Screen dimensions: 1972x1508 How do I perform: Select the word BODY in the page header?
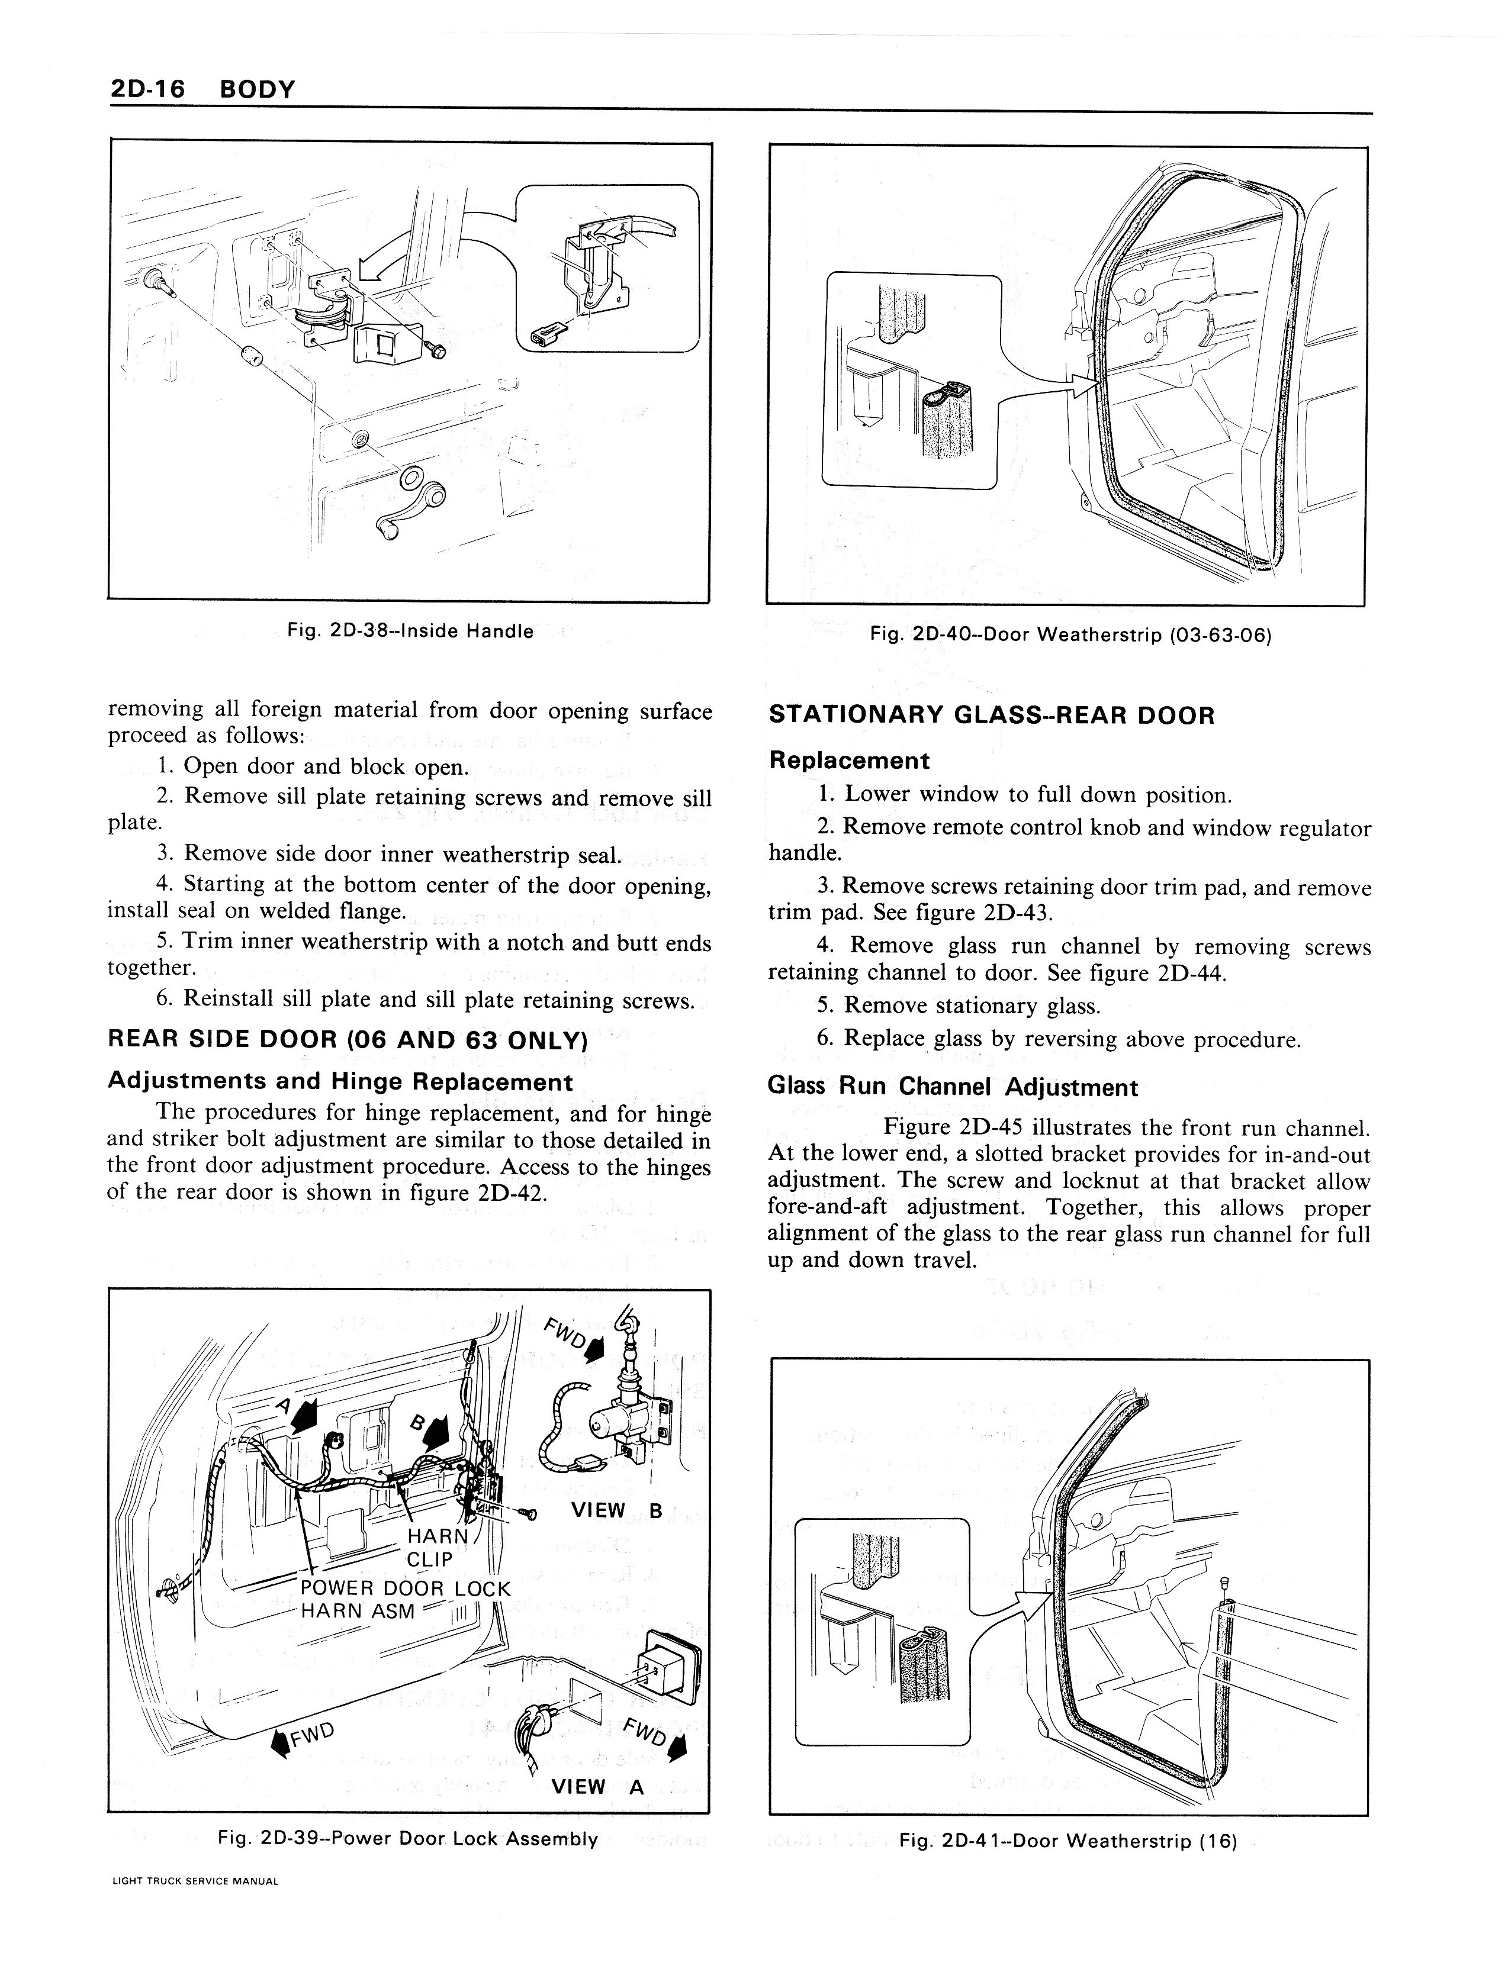coord(257,90)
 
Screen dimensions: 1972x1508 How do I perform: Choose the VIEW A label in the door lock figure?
coord(598,1786)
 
